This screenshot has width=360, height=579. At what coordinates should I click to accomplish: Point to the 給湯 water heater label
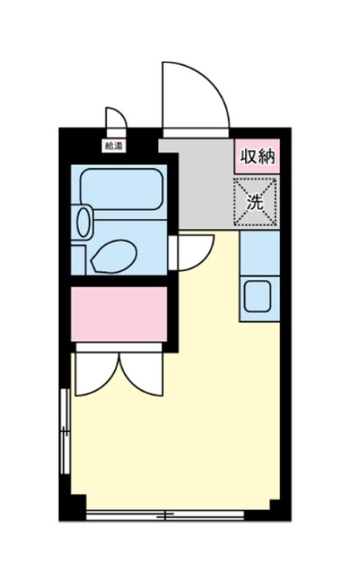tap(113, 147)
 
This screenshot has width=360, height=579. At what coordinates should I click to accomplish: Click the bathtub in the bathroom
tap(121, 188)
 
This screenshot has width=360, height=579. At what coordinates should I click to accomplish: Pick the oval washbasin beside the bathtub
tap(84, 221)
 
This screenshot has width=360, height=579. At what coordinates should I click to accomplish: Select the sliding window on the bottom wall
tap(164, 515)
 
